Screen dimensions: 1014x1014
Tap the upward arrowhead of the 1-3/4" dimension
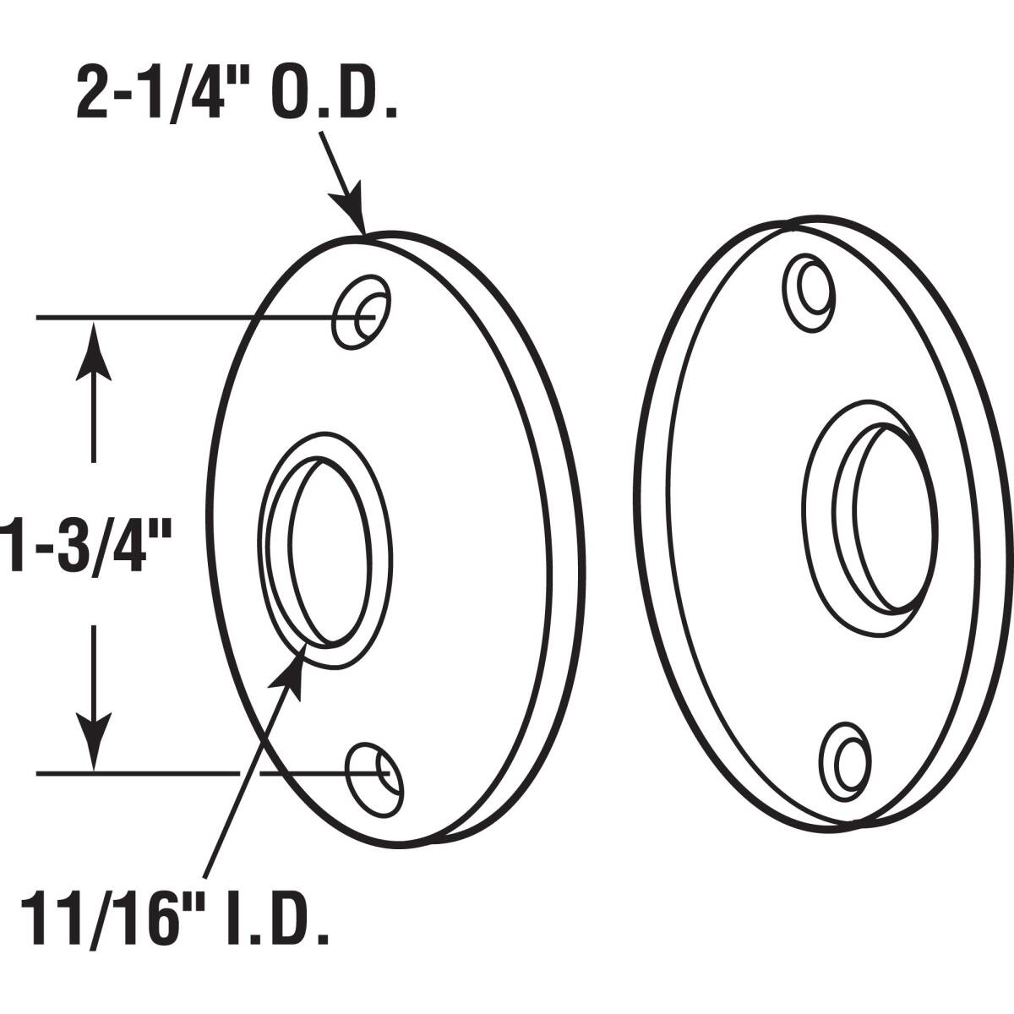click(94, 351)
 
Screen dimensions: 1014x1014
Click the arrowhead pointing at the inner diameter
click(291, 672)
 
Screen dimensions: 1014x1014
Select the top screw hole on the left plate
click(362, 312)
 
